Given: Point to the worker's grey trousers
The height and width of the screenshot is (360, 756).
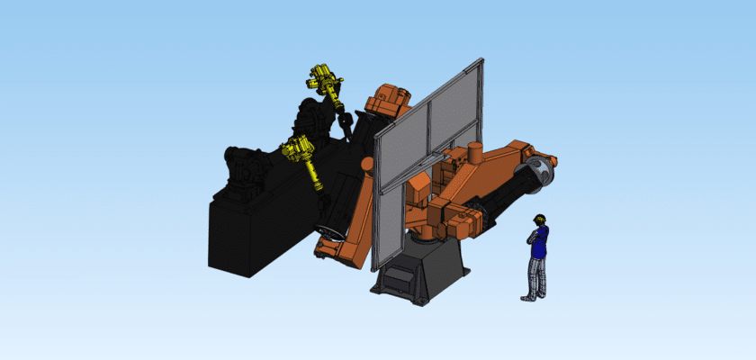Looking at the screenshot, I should coord(537,274).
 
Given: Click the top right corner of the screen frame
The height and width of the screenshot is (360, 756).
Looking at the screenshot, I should coord(481,60).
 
